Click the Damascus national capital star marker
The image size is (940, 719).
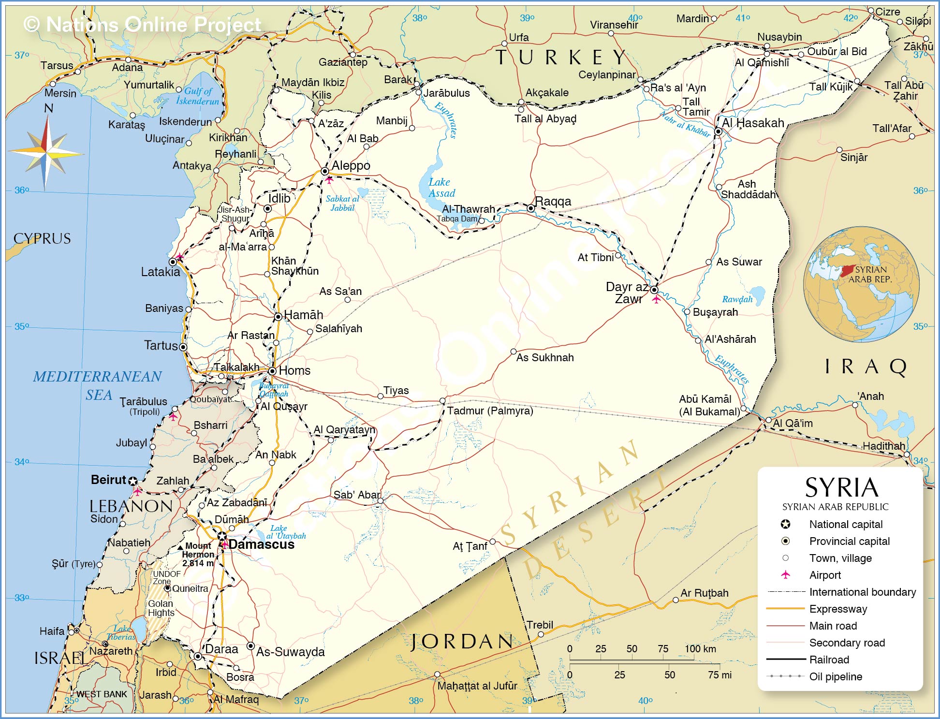tap(222, 536)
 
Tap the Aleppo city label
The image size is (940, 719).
tap(351, 165)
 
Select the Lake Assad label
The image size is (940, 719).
tap(441, 188)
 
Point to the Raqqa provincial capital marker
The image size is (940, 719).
tap(531, 208)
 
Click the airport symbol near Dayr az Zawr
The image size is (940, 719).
tap(656, 300)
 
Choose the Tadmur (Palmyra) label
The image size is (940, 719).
tap(489, 411)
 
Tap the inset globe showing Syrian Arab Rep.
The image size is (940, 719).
tap(861, 284)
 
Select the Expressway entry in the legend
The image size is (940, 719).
tap(838, 609)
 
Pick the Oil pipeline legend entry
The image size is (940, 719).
tap(836, 676)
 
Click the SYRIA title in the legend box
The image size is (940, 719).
tap(841, 487)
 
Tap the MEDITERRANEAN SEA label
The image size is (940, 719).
tap(98, 385)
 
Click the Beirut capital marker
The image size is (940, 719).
tap(133, 481)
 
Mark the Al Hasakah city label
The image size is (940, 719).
tap(753, 123)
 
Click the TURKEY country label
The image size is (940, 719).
tap(561, 58)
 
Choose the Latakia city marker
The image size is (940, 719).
tap(173, 262)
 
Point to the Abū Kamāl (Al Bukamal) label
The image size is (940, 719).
tap(709, 405)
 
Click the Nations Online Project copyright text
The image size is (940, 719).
tap(142, 25)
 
